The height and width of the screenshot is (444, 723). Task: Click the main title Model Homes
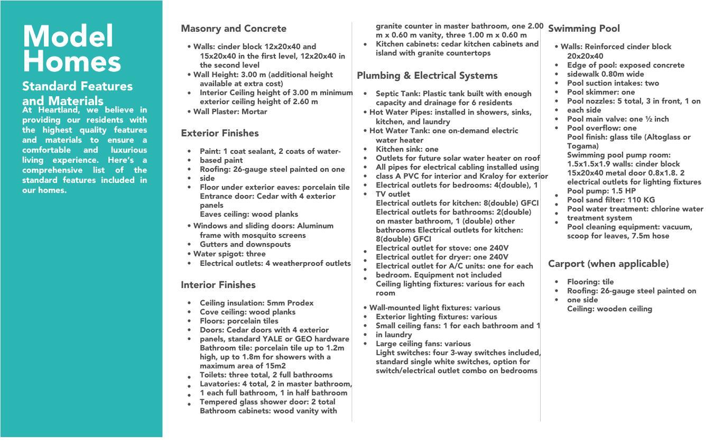(x=71, y=49)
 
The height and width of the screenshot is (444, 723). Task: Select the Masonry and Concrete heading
(x=234, y=29)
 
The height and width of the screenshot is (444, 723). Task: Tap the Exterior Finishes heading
(x=220, y=133)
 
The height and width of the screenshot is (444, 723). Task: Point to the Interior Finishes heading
(x=218, y=285)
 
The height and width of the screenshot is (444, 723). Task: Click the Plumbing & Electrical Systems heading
(x=427, y=76)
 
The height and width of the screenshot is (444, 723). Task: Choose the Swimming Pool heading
(x=583, y=29)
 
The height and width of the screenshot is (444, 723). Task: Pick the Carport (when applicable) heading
(x=608, y=264)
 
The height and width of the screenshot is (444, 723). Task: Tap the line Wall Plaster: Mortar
(x=230, y=112)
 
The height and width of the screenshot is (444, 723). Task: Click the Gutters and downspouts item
(x=245, y=244)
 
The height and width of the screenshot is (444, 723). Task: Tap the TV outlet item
(x=393, y=194)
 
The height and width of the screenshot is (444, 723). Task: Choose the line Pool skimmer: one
(x=601, y=92)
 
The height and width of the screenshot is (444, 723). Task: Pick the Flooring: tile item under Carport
(x=590, y=282)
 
